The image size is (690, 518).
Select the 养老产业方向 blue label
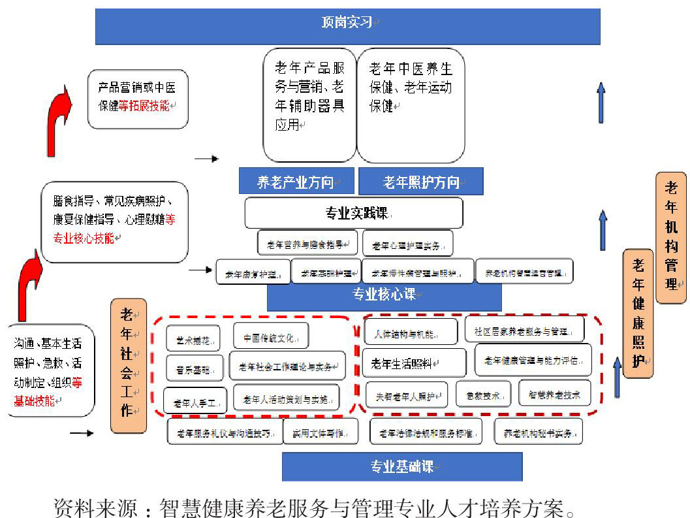tap(296, 182)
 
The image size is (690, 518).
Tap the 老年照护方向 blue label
tap(421, 182)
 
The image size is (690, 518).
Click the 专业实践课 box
tap(353, 213)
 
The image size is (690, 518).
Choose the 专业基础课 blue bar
tap(402, 466)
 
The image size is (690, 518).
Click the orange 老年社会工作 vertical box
tap(128, 365)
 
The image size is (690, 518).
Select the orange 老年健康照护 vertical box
tap(638, 314)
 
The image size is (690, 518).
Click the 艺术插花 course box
tap(193, 339)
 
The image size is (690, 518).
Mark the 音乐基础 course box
tap(193, 368)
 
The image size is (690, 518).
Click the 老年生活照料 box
tap(414, 363)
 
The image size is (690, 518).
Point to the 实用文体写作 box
tap(321, 432)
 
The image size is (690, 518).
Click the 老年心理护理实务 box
tap(407, 244)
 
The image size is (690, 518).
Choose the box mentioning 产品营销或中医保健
tap(138, 98)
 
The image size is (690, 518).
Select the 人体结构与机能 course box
tap(411, 332)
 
